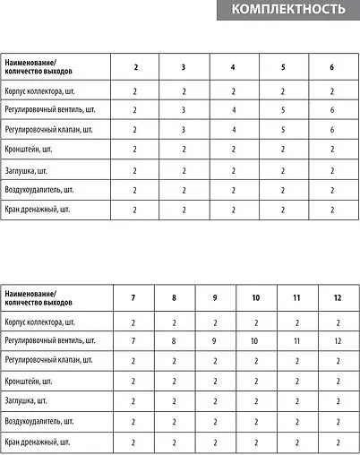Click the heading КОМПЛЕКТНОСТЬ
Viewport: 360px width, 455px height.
[287, 11]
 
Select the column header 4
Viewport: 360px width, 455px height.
[233, 67]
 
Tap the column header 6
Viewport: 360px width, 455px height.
[331, 67]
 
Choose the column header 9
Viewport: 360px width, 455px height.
[215, 296]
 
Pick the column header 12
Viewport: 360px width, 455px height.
[338, 296]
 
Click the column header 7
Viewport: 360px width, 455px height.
[133, 296]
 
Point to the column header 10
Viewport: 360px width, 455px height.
[255, 296]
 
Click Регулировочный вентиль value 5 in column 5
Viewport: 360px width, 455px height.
[282, 110]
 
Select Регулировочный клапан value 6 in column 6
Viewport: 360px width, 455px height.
[331, 130]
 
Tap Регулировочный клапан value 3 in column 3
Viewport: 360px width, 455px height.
[184, 130]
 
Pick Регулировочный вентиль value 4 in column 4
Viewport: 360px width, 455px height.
[233, 110]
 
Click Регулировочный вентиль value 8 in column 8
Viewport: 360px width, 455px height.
[174, 341]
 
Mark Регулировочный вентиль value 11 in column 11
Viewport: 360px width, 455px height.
[296, 341]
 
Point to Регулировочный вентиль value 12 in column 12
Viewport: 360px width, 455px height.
[338, 341]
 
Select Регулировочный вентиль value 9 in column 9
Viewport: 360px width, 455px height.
[215, 341]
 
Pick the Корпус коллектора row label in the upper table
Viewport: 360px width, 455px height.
[45, 90]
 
